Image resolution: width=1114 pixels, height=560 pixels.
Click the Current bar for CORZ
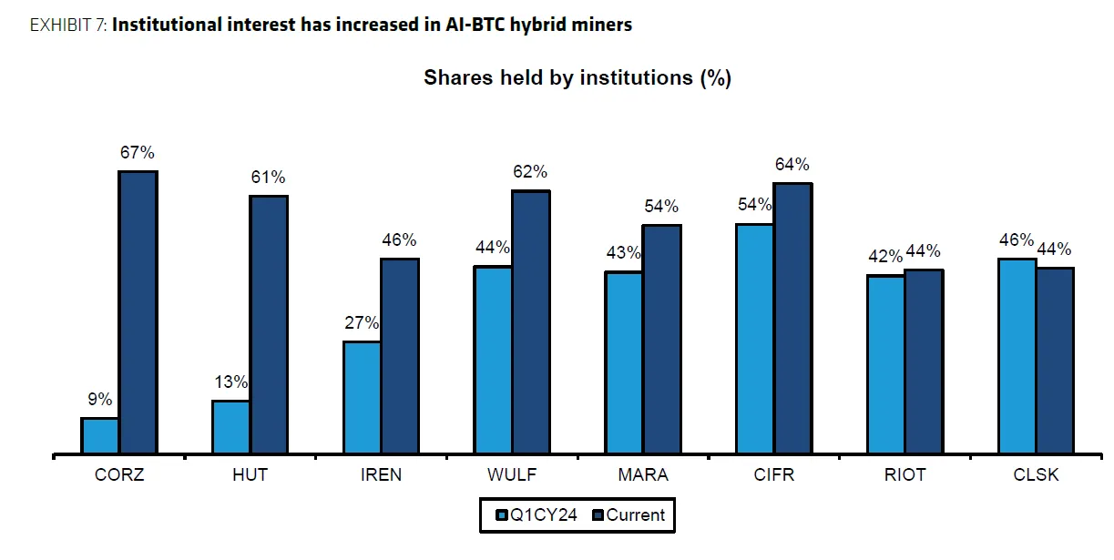[138, 311]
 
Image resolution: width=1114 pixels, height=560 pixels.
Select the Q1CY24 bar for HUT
[231, 426]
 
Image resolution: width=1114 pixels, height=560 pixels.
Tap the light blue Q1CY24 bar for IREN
[362, 397]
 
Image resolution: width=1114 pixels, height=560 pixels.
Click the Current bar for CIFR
[792, 318]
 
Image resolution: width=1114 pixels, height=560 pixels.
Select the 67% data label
[138, 153]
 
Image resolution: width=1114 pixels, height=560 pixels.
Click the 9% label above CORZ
[100, 399]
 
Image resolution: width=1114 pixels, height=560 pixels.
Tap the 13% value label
[231, 382]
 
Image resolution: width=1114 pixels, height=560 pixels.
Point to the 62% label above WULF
[530, 172]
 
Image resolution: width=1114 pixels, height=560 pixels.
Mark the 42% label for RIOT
[884, 257]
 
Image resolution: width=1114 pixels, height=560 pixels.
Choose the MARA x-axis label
[643, 474]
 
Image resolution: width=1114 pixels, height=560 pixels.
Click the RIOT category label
[904, 474]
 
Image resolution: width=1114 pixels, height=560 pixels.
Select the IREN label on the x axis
[381, 474]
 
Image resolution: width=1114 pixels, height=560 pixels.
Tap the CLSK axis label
[1036, 474]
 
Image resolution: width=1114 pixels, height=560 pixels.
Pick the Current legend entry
[629, 515]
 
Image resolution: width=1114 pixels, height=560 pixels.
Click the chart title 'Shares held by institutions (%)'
[577, 78]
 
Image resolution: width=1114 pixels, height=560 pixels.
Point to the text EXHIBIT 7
[67, 25]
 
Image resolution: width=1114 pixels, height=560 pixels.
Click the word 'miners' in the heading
[604, 25]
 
